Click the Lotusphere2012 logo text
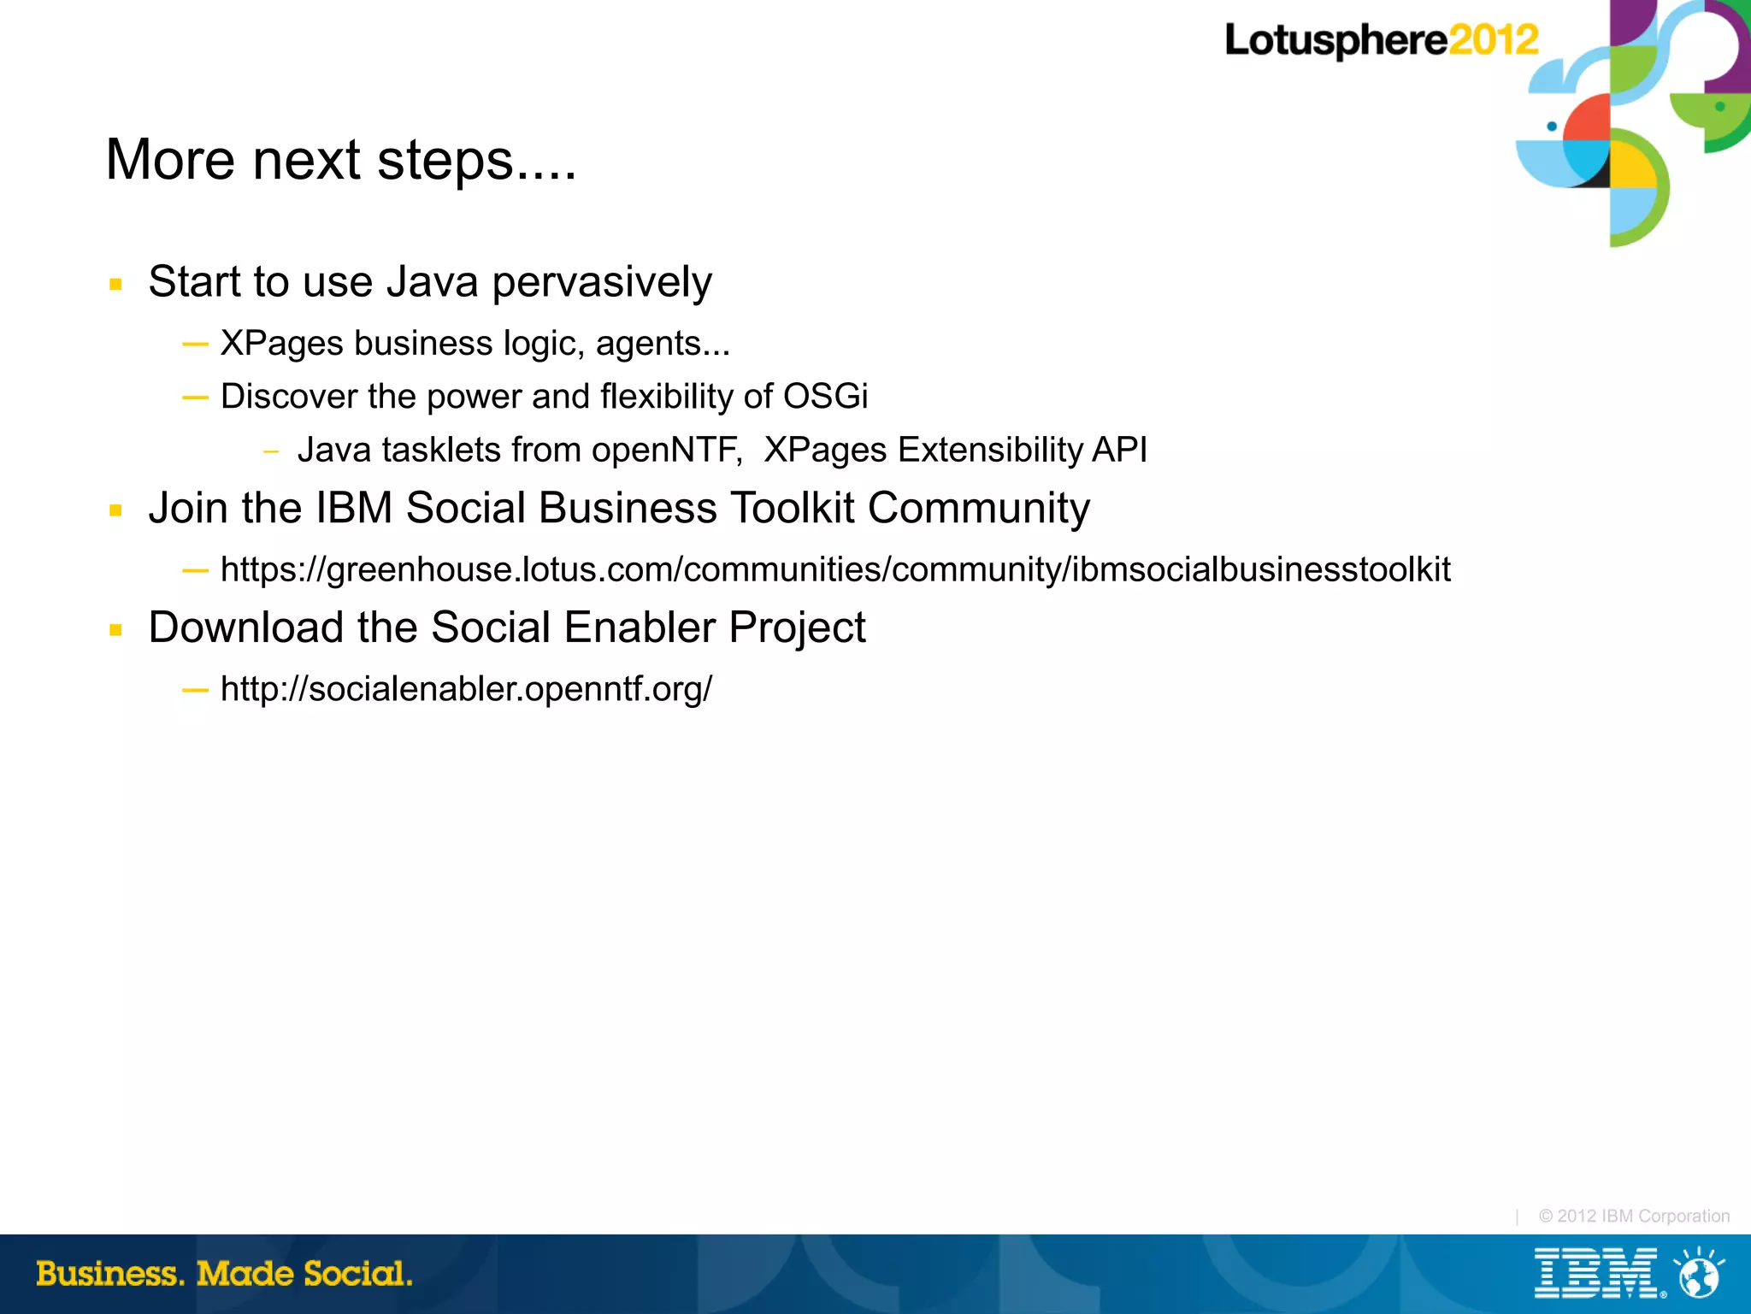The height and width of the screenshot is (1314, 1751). (1381, 40)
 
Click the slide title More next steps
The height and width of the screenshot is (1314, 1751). (340, 160)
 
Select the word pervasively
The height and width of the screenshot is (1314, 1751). (602, 282)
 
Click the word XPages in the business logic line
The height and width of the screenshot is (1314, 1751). (281, 344)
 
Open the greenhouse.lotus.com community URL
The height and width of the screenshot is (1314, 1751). (834, 570)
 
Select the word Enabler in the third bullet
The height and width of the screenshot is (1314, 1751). (640, 628)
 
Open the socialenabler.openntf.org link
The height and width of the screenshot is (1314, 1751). (466, 689)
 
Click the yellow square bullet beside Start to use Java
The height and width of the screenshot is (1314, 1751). (116, 285)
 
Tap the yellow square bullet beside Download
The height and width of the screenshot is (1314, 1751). (116, 631)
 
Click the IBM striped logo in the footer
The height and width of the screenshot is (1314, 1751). (1595, 1274)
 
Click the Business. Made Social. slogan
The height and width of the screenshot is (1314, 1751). (224, 1274)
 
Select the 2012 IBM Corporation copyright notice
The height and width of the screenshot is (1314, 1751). (1633, 1216)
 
